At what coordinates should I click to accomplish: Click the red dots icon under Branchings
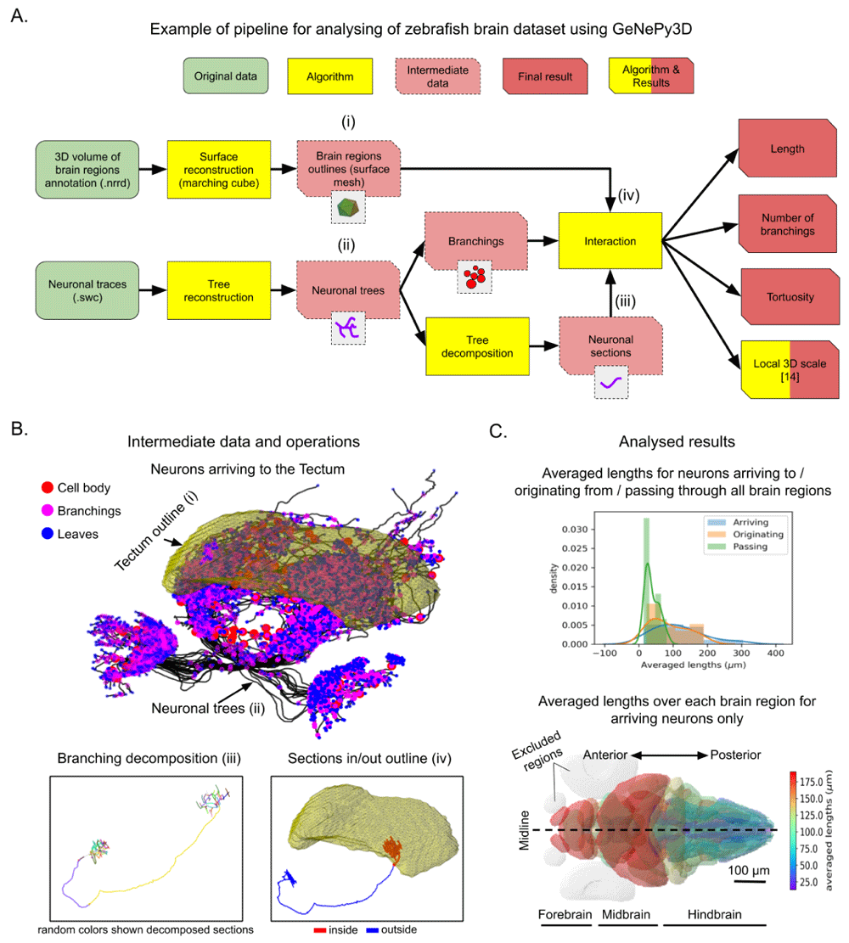(x=475, y=277)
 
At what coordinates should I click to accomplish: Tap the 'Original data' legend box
(x=226, y=76)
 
